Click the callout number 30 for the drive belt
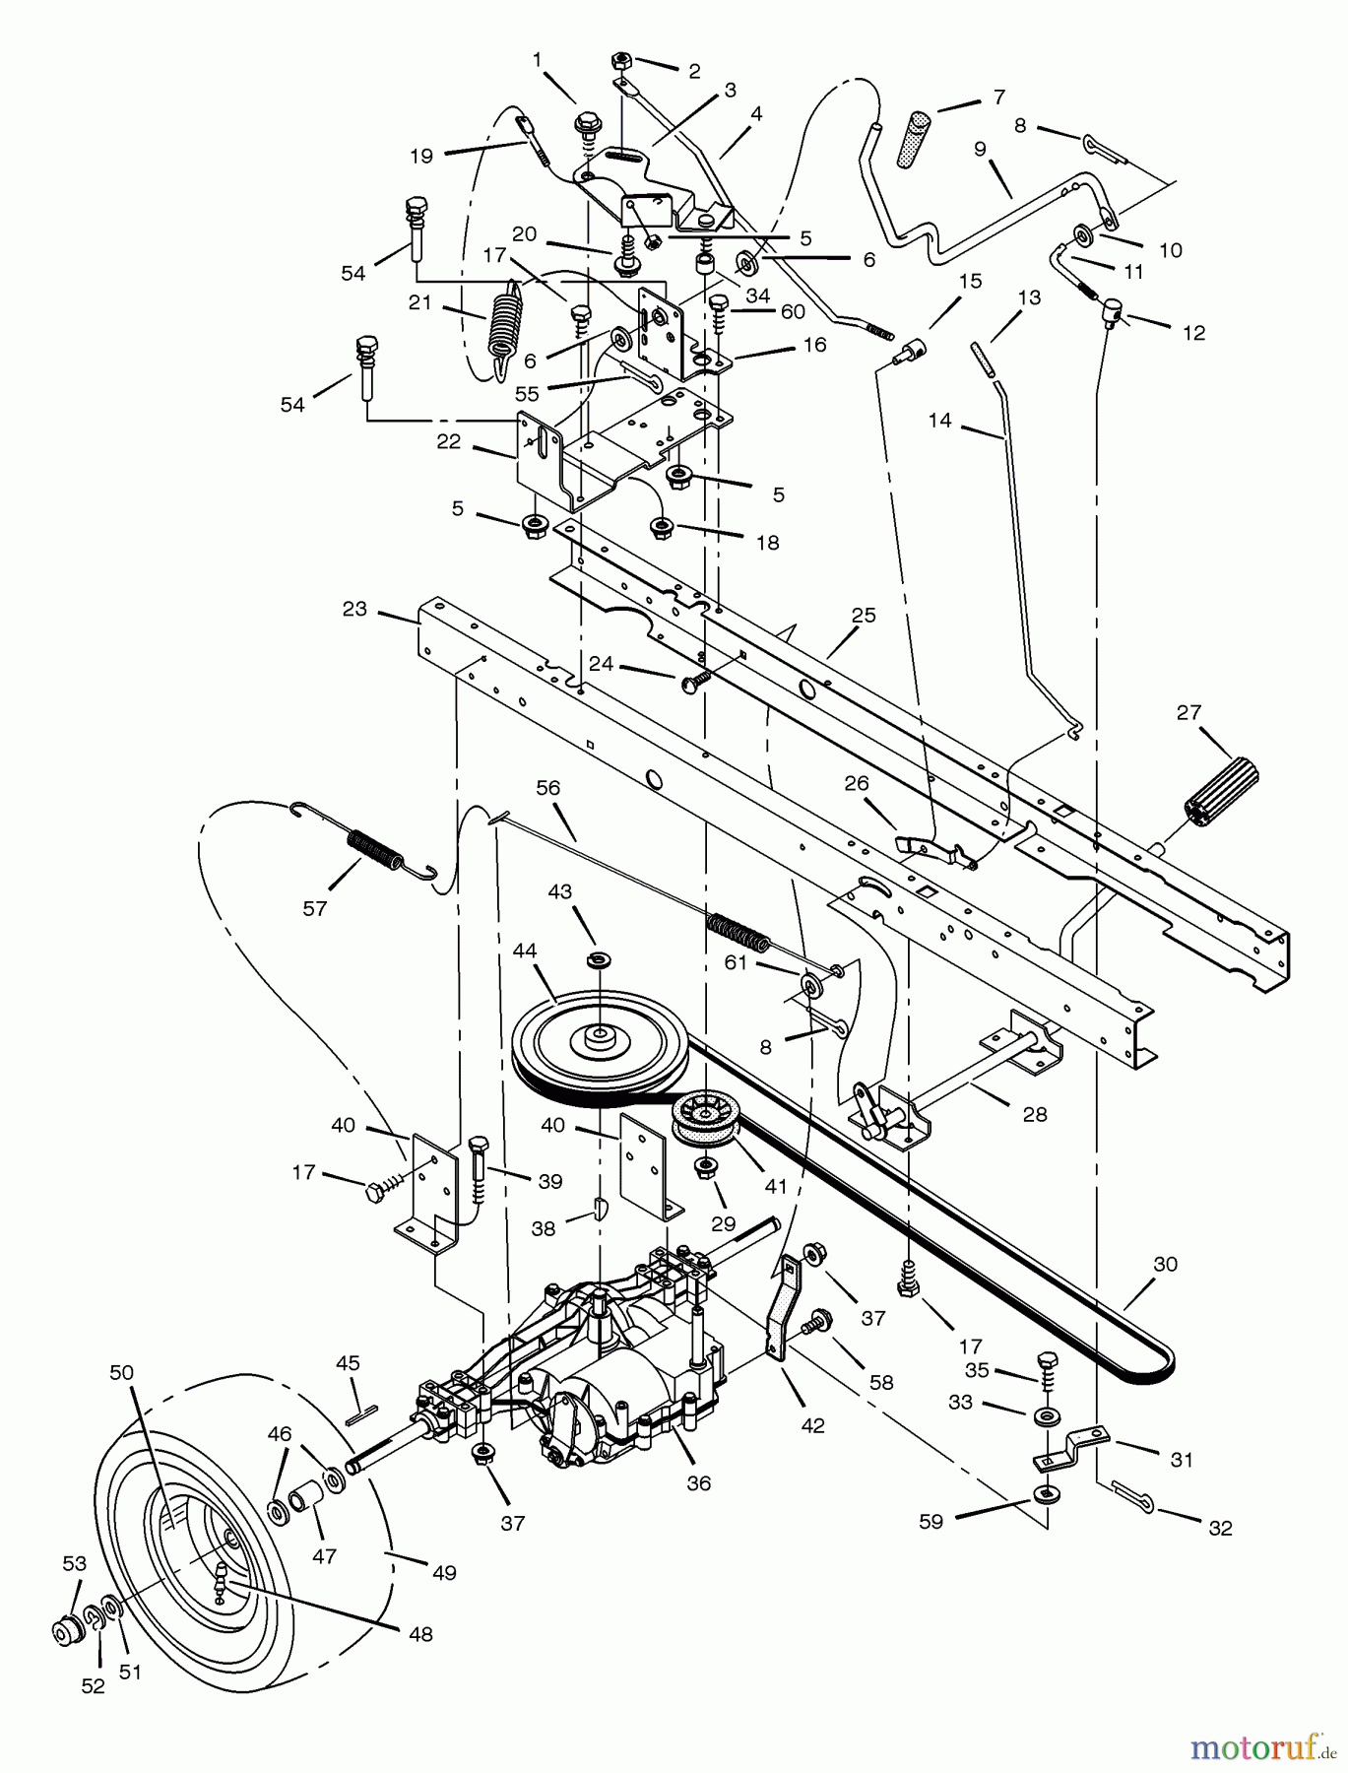pyautogui.click(x=1165, y=1264)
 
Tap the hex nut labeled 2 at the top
pyautogui.click(x=622, y=61)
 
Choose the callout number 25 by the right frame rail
pyautogui.click(x=864, y=616)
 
